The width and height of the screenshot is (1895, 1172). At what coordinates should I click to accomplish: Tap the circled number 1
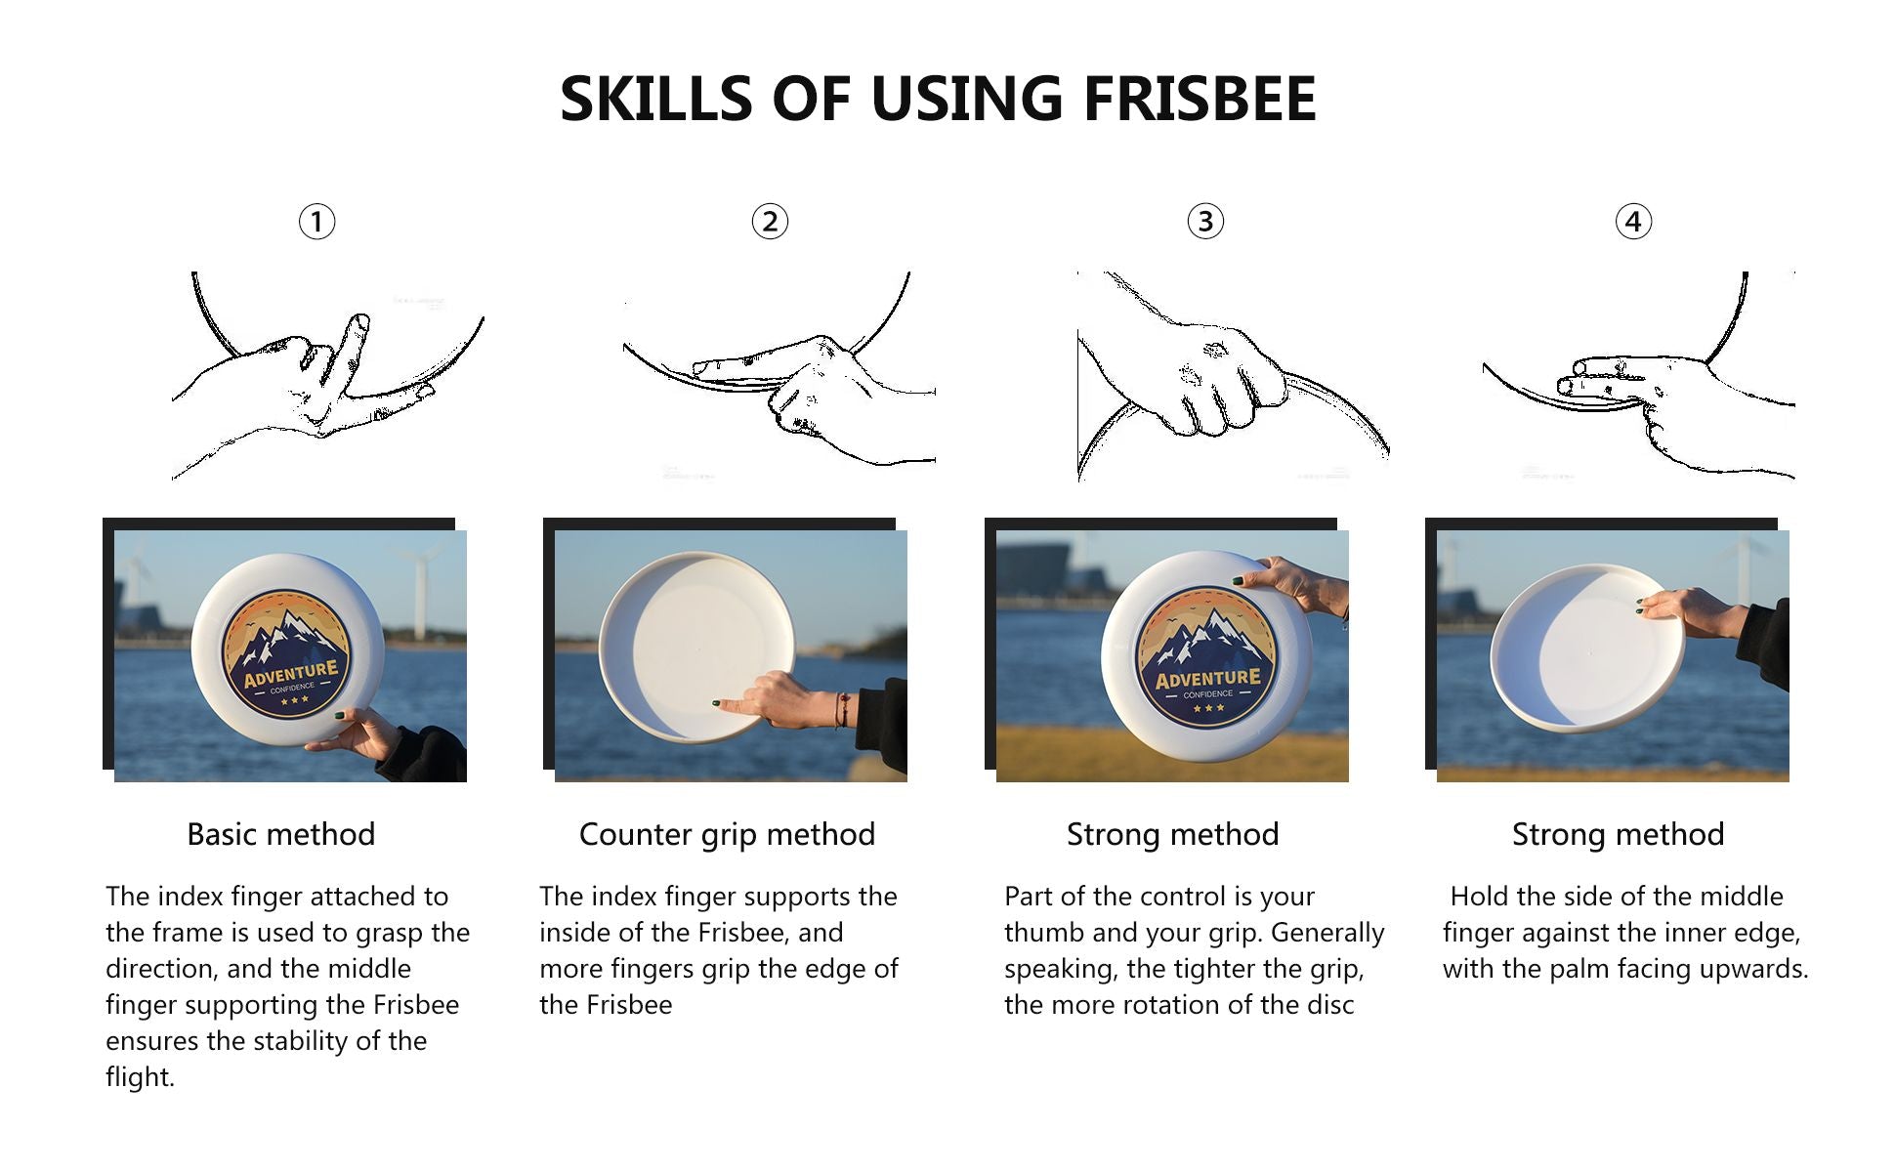coord(316,222)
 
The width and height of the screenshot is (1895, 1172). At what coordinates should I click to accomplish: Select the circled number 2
coord(770,222)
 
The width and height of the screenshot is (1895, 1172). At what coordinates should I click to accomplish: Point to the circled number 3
coord(1205,222)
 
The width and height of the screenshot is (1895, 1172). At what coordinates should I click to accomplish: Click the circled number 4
coord(1633,222)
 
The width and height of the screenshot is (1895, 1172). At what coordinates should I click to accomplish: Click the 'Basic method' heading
coord(281,834)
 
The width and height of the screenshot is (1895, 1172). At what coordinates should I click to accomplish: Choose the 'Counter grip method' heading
coord(727,834)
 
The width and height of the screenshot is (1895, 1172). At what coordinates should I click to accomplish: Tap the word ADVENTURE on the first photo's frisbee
coord(290,674)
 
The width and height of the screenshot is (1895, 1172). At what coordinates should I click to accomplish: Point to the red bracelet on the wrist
coord(840,710)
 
